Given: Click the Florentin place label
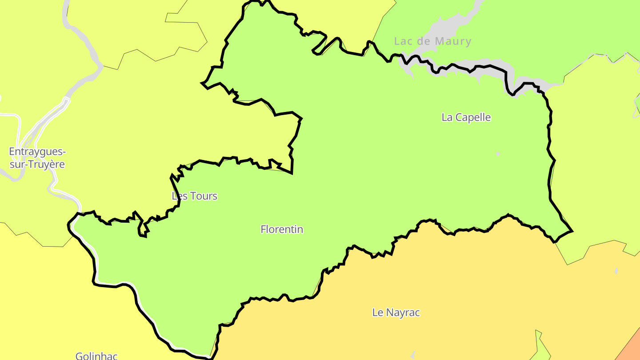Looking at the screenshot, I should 282,229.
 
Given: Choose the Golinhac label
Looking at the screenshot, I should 96,356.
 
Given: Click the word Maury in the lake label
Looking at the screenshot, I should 452,41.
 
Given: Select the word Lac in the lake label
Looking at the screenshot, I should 404,41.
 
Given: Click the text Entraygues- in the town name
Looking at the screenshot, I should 37,152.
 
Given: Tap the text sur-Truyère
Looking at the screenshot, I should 37,164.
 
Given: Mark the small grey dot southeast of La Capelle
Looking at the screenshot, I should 498,154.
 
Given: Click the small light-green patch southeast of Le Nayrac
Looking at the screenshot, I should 540,347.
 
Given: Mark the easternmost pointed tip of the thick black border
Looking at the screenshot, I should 572,231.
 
